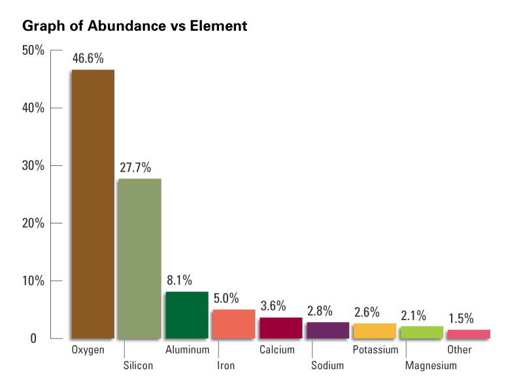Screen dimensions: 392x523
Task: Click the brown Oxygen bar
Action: point(93,204)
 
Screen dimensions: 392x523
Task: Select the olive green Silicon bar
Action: point(139,258)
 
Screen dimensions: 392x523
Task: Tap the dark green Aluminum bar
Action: point(186,315)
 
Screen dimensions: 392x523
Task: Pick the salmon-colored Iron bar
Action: point(233,324)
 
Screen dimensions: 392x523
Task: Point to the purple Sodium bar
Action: point(328,330)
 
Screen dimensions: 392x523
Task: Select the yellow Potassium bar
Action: point(375,331)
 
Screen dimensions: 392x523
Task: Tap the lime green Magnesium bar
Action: point(422,332)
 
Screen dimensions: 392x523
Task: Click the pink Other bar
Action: point(468,334)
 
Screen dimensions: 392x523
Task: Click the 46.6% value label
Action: point(88,58)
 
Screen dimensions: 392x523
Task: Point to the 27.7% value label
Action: point(135,167)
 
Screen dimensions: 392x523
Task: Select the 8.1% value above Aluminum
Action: point(178,280)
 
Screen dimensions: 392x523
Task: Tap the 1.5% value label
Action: point(461,318)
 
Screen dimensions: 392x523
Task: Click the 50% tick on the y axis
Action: point(33,50)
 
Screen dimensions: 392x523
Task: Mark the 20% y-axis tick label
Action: point(33,223)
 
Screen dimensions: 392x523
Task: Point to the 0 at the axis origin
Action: point(41,339)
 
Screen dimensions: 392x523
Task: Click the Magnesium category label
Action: point(431,366)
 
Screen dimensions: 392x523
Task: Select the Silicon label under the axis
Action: point(138,366)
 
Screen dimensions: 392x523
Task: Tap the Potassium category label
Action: point(375,350)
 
